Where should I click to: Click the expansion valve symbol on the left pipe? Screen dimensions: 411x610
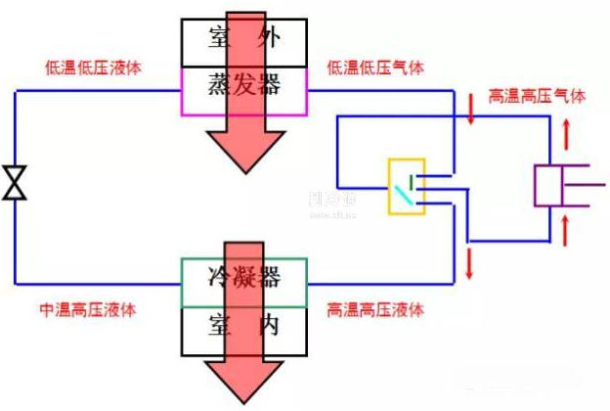14,184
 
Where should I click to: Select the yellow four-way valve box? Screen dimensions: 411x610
405,186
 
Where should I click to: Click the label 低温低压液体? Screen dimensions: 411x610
94,68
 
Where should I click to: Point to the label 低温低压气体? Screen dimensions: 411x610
375,68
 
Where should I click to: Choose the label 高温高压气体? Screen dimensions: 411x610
538,97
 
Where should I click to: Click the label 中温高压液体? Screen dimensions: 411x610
87,310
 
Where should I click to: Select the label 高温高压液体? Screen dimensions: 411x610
375,310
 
